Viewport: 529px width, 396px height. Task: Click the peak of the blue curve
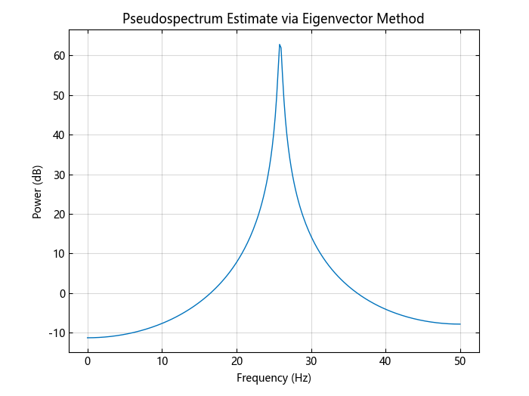(x=280, y=45)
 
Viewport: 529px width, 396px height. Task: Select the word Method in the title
(x=403, y=19)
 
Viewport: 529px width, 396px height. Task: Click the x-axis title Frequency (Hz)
(x=274, y=378)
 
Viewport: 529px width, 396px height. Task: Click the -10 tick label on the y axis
(x=55, y=333)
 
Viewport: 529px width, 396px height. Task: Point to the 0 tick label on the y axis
(x=60, y=293)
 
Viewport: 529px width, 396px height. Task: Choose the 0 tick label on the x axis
(x=88, y=360)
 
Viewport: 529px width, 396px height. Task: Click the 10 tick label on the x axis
(x=162, y=360)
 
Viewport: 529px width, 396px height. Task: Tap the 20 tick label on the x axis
(x=237, y=360)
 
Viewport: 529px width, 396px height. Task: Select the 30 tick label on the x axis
(x=311, y=360)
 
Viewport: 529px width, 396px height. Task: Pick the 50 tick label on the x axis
(x=459, y=360)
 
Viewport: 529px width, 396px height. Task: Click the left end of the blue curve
(x=88, y=338)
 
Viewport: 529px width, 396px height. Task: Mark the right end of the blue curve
(x=459, y=324)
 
